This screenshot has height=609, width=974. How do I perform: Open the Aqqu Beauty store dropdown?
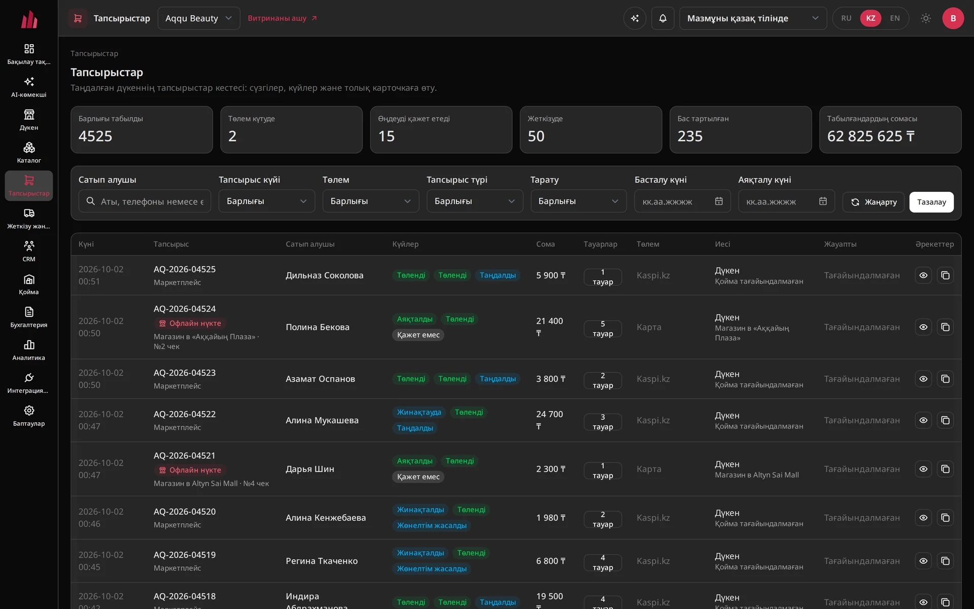[198, 18]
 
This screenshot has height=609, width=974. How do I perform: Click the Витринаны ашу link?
[282, 18]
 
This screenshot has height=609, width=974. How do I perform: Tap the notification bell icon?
[663, 18]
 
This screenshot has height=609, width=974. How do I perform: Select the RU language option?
[846, 18]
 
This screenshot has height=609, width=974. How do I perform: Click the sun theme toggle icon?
[926, 18]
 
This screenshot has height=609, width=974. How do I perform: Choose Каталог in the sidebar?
[29, 153]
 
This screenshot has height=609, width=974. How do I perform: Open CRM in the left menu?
[29, 251]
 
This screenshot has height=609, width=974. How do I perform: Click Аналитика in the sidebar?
[29, 350]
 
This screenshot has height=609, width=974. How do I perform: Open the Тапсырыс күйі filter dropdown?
[267, 201]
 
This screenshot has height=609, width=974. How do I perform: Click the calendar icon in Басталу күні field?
[719, 201]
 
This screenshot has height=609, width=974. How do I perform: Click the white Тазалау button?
[931, 202]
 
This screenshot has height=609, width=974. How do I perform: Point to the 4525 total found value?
[95, 136]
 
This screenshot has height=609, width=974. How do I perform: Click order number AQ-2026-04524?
[185, 309]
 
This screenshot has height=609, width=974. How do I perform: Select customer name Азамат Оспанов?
[320, 379]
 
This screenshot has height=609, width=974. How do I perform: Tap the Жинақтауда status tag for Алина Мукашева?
[419, 412]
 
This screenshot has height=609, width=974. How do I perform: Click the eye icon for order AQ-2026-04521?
[923, 469]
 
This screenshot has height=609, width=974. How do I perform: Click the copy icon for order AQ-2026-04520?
[945, 518]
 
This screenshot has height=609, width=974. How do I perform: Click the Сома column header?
[545, 244]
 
